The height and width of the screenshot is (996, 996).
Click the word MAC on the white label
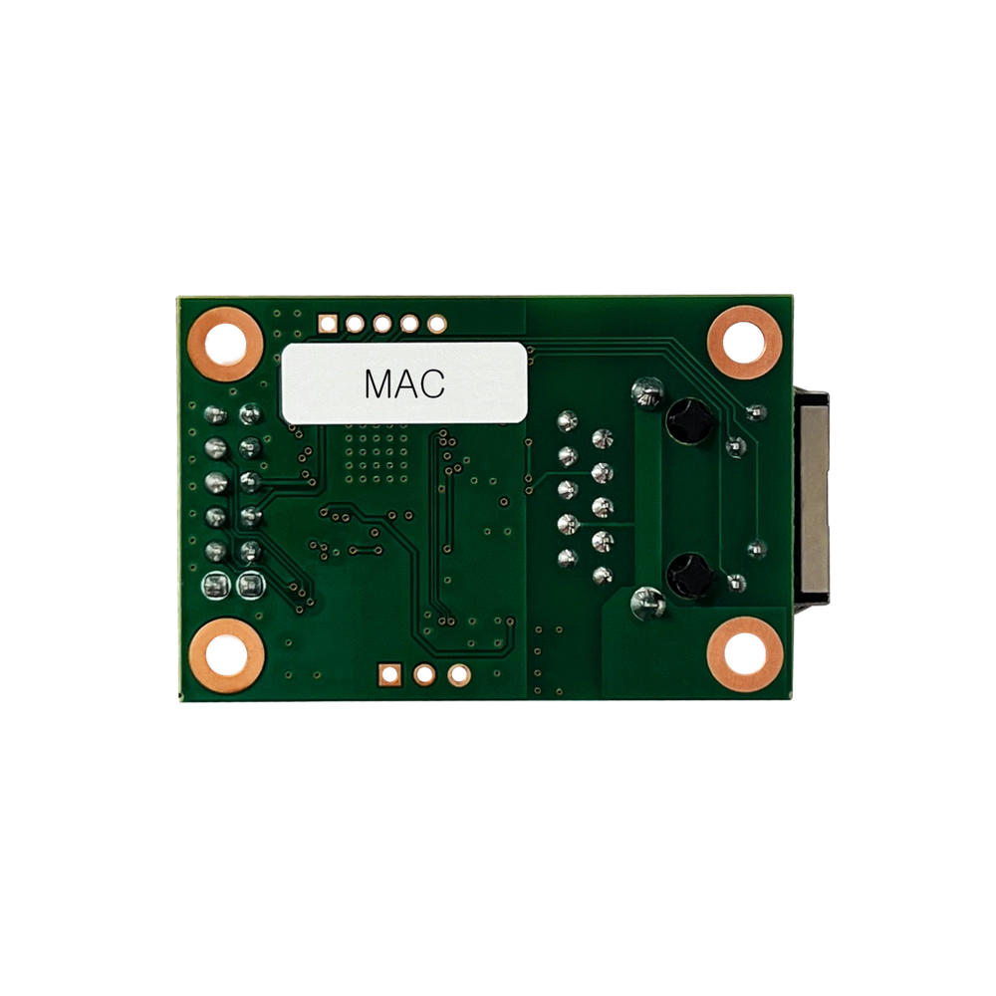point(404,383)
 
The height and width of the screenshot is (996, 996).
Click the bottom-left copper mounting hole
point(226,655)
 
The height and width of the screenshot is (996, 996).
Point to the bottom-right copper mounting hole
point(744,654)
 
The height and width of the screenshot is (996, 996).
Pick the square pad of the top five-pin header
point(327,324)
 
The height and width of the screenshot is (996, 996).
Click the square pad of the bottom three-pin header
point(389,674)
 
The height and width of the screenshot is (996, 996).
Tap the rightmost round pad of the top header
point(437,324)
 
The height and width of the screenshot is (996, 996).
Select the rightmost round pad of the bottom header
point(458,674)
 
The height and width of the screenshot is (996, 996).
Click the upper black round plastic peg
point(689,421)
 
